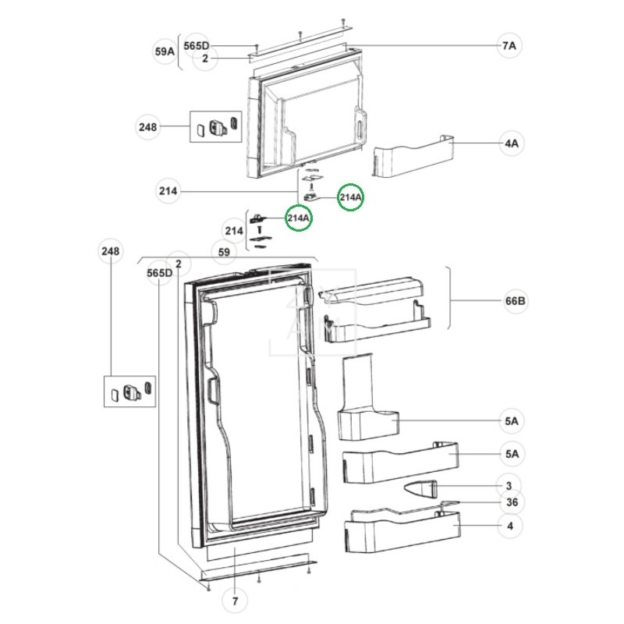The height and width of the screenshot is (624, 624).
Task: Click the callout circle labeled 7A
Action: (509, 46)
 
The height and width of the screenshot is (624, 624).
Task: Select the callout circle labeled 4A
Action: (512, 144)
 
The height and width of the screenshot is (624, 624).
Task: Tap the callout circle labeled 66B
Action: (515, 301)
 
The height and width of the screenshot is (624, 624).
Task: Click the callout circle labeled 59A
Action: (164, 52)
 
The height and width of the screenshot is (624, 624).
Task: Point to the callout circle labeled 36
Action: (512, 502)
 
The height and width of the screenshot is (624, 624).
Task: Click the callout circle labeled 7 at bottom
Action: (234, 601)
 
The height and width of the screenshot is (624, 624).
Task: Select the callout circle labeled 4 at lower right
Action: (509, 526)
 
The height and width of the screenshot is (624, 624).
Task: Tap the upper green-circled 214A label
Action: (350, 198)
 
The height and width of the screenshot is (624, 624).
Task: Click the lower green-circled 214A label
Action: (298, 219)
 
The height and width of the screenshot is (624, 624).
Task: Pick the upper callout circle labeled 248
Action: (147, 126)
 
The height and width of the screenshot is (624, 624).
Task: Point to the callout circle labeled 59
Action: (224, 253)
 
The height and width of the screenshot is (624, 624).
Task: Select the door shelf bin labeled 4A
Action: (413, 154)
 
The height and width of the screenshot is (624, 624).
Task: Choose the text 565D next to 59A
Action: (197, 46)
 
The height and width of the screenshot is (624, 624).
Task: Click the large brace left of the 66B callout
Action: (450, 301)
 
